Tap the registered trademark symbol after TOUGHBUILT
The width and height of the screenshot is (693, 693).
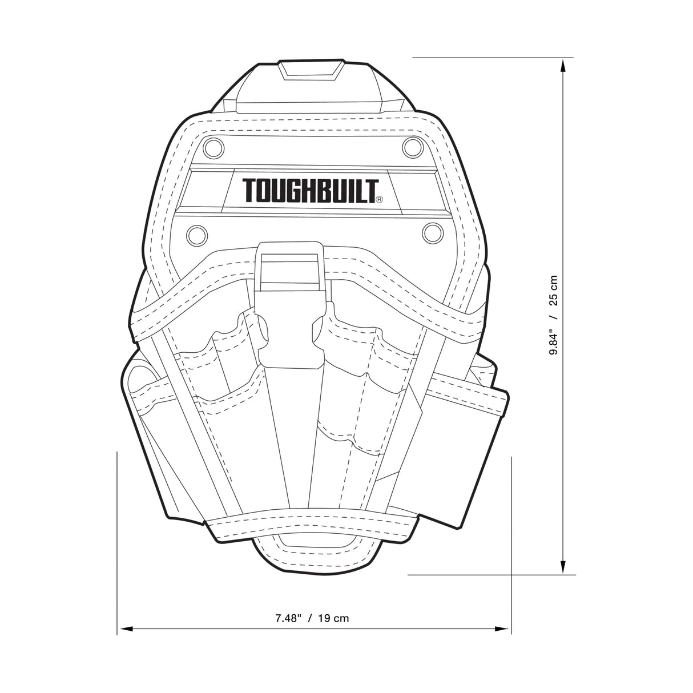(x=379, y=200)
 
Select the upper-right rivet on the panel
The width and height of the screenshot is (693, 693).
(x=410, y=147)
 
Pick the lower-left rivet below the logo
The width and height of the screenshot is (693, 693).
(x=196, y=233)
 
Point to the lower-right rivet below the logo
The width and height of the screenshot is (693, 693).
(x=432, y=232)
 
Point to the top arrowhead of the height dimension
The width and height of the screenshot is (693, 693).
(x=563, y=66)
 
